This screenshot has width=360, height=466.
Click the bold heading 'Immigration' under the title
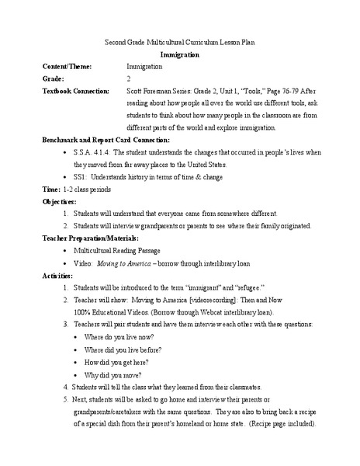coord(179,56)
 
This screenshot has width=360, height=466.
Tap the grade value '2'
coord(128,79)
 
